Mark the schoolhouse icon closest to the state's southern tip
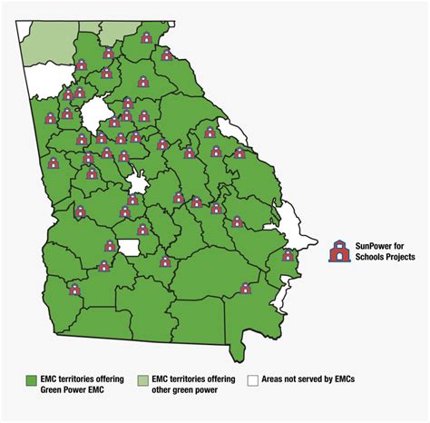click(x=245, y=289)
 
